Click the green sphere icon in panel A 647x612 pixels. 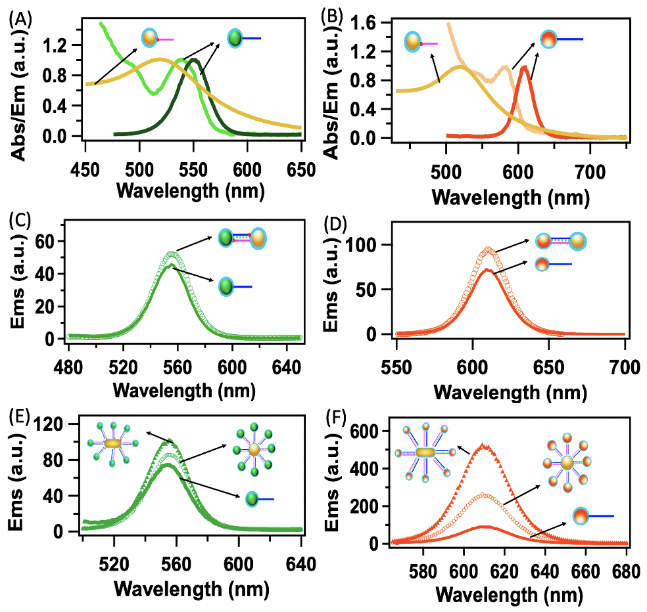pyautogui.click(x=235, y=39)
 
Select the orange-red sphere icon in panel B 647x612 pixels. pyautogui.click(x=549, y=40)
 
